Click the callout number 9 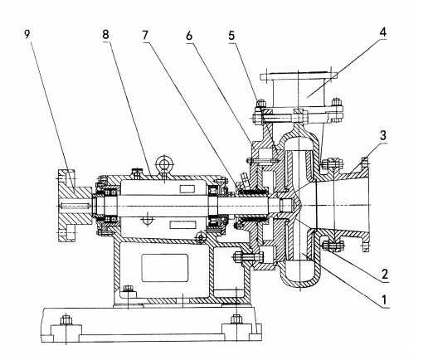(x=27, y=34)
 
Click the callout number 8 (x=105, y=35)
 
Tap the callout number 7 (x=145, y=35)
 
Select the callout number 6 (x=189, y=36)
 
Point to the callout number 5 (x=231, y=36)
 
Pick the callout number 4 (x=382, y=32)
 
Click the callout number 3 (x=383, y=135)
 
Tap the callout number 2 (x=385, y=274)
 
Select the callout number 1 (x=384, y=299)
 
